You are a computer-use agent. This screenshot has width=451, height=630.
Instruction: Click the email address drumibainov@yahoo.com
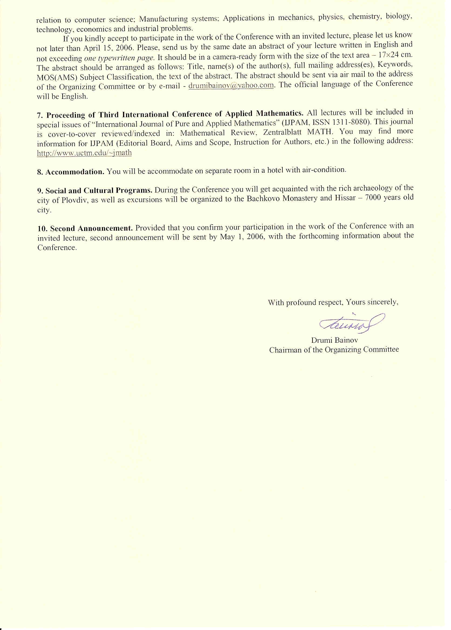tap(231, 85)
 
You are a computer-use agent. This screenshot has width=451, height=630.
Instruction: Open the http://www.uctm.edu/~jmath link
tap(84, 153)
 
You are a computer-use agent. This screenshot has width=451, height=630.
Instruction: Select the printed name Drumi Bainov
tap(334, 340)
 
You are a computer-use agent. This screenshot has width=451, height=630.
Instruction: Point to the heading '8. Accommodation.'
tap(71, 172)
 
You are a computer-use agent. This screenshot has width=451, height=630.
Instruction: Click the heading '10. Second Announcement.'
tap(85, 229)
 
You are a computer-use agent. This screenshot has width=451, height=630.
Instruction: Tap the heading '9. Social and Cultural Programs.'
tap(95, 191)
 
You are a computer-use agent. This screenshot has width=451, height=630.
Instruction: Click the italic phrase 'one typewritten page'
tap(119, 58)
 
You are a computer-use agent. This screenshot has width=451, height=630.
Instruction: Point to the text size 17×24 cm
tap(395, 54)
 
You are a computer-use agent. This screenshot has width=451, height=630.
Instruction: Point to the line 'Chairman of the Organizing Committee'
tap(334, 350)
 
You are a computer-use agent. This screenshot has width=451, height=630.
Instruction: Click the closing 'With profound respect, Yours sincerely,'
tap(333, 302)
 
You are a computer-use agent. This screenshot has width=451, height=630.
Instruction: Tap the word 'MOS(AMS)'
tap(57, 77)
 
